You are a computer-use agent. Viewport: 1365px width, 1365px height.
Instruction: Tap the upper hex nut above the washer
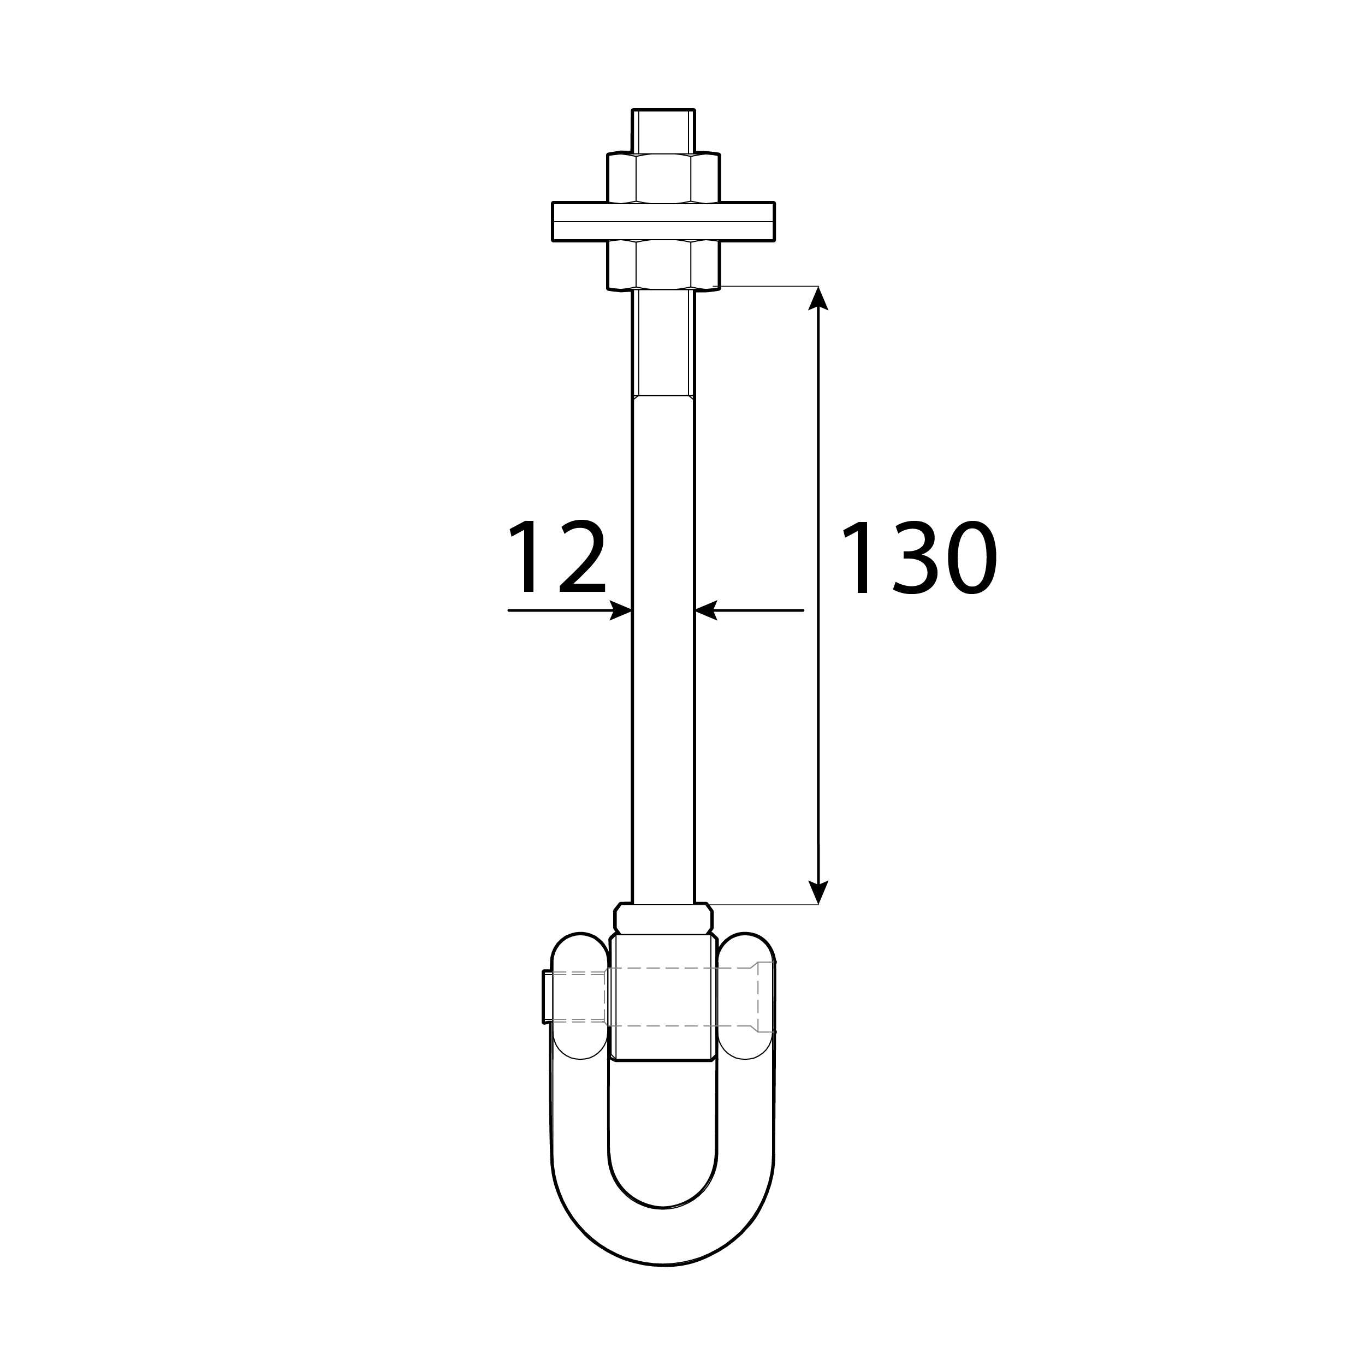point(663,178)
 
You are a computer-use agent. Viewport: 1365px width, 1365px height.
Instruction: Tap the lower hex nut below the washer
point(663,264)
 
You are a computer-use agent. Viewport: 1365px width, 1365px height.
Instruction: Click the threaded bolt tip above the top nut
point(663,130)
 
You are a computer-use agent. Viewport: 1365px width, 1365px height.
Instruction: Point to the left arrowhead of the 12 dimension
point(620,610)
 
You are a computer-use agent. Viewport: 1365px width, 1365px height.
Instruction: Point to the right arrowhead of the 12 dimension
point(707,610)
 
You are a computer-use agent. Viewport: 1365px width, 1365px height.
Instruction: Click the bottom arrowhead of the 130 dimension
point(818,892)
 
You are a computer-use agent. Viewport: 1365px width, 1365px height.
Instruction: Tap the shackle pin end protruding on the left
point(547,997)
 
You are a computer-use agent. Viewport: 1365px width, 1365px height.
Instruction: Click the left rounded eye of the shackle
point(579,996)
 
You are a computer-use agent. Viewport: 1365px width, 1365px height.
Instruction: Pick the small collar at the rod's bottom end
point(663,918)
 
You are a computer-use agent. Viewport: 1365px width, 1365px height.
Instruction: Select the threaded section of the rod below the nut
point(663,343)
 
